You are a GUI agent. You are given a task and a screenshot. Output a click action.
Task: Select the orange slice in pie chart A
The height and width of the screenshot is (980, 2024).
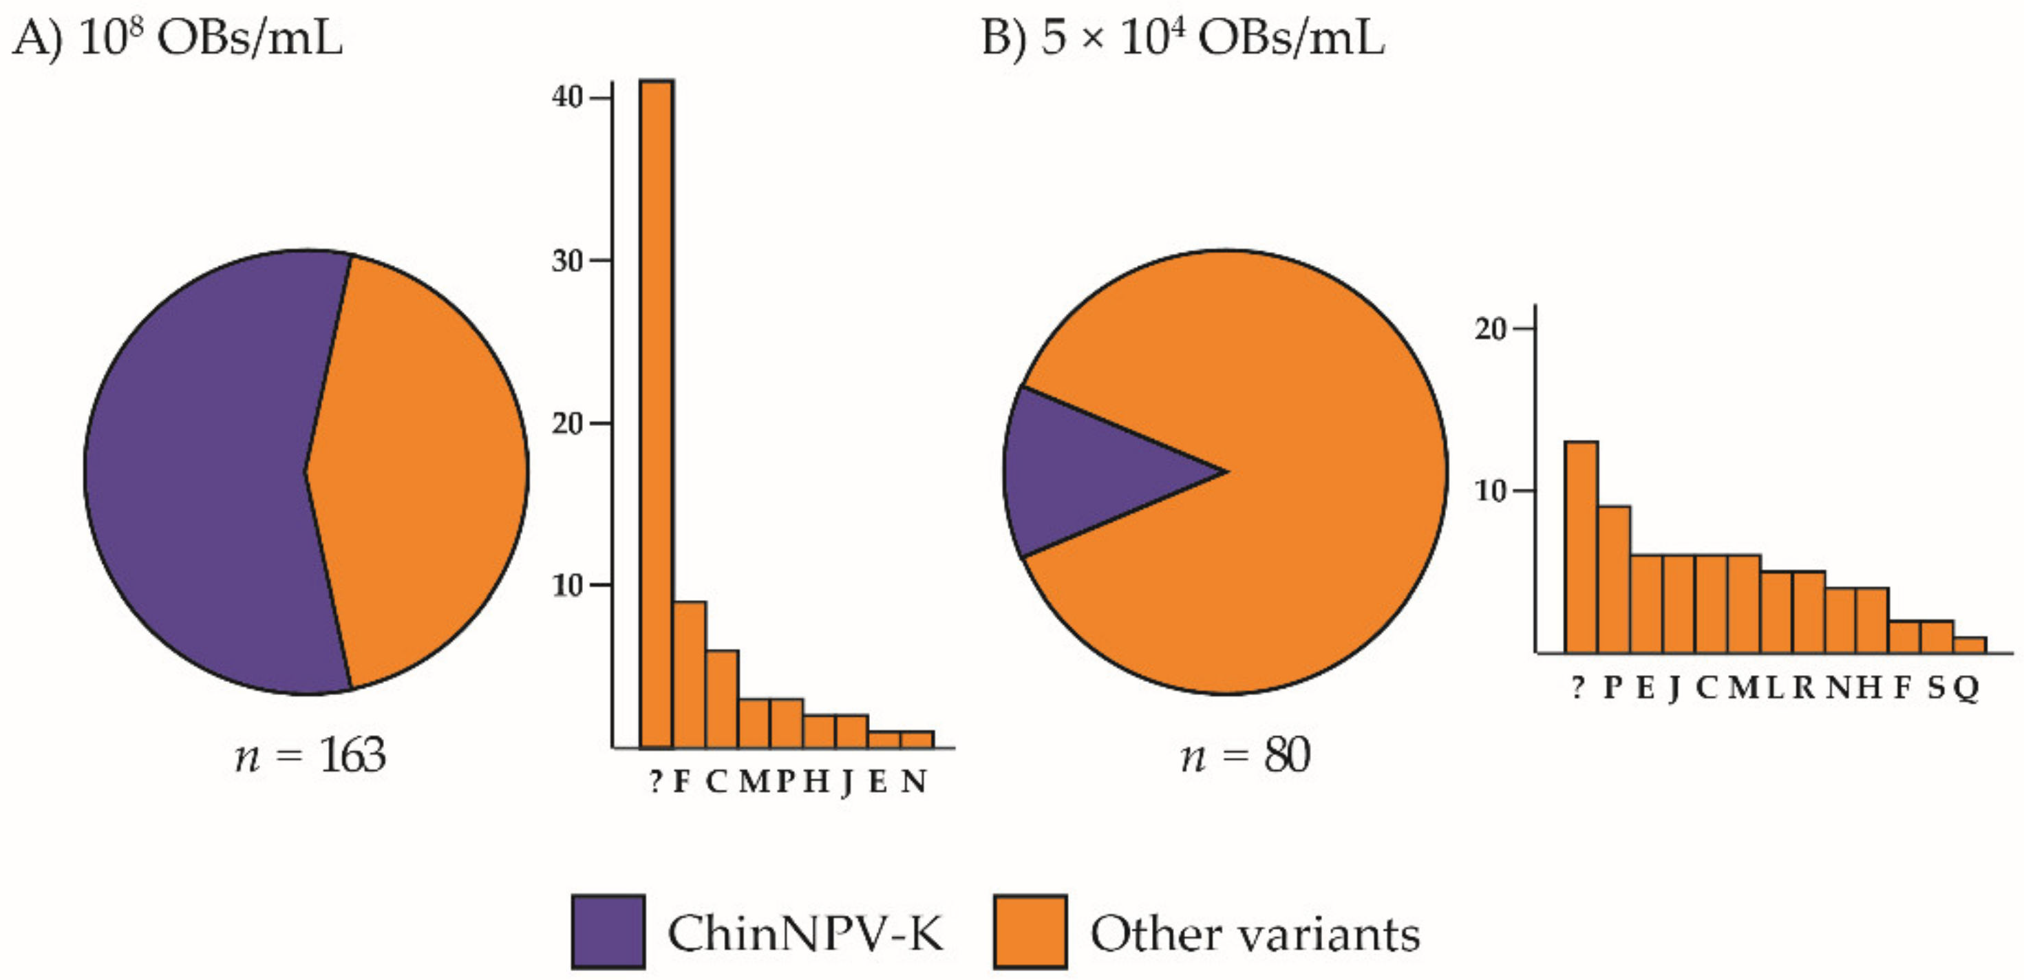[425, 471]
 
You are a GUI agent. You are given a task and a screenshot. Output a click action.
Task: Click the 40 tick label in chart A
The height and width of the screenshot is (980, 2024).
[567, 98]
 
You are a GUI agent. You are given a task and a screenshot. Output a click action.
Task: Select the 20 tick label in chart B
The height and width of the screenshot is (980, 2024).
[1491, 328]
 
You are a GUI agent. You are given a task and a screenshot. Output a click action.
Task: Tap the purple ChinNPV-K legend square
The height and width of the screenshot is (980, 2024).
[608, 931]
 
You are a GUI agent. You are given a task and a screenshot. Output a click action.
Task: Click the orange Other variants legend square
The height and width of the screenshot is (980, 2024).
[1030, 931]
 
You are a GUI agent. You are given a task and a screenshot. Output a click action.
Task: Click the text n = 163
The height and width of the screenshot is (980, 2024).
[310, 756]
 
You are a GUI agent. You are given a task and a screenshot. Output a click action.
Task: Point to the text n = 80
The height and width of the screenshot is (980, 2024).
[1246, 756]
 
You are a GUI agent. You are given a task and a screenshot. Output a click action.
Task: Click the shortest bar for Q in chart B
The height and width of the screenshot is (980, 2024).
[1969, 646]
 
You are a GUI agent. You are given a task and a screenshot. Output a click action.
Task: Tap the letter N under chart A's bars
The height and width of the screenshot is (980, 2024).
[914, 781]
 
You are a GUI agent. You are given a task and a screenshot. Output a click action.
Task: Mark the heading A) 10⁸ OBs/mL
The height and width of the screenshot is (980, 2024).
[178, 38]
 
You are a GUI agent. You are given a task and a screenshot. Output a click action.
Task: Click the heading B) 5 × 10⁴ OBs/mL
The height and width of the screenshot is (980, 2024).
[1182, 38]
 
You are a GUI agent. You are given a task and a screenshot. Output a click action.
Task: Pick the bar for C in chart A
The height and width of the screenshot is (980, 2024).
[721, 699]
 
